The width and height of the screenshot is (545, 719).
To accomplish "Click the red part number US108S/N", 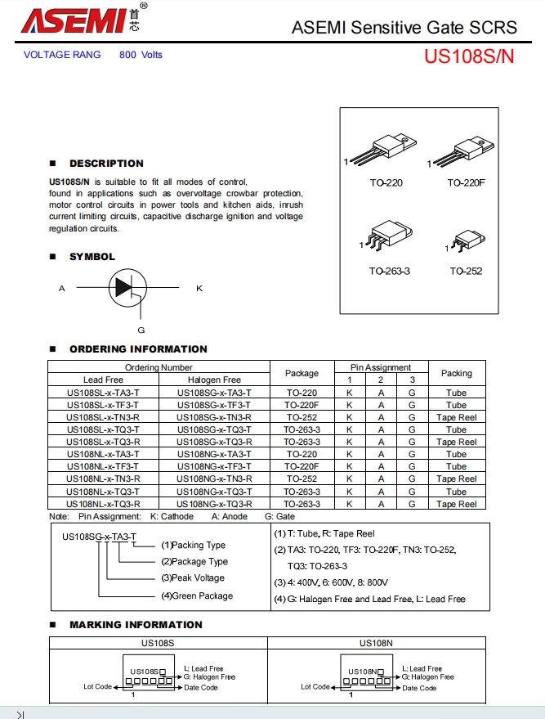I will click(x=469, y=57).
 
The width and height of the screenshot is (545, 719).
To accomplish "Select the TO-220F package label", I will click(x=466, y=182).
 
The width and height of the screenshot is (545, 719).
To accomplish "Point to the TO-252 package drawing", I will click(x=467, y=241).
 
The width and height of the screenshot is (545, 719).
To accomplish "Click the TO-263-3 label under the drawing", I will click(x=389, y=271).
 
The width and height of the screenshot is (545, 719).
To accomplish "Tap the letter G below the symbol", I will click(x=141, y=330).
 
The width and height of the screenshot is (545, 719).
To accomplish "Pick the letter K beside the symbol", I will click(x=199, y=288).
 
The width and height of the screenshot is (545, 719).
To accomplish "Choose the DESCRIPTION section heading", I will click(x=106, y=164).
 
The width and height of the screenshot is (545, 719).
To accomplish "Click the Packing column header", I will click(x=456, y=373).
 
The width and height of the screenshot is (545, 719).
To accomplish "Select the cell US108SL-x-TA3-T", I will click(x=103, y=393).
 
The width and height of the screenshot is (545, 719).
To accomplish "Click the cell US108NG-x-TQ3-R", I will click(x=214, y=504).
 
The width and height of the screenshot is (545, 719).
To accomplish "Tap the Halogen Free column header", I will click(x=214, y=380).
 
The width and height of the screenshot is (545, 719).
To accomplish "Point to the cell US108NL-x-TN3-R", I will click(x=103, y=479).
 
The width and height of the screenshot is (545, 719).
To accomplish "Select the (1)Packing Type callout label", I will click(x=193, y=545).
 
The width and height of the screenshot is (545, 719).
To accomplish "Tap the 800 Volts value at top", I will click(x=141, y=55).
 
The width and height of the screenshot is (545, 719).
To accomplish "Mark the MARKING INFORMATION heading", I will click(x=136, y=625).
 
